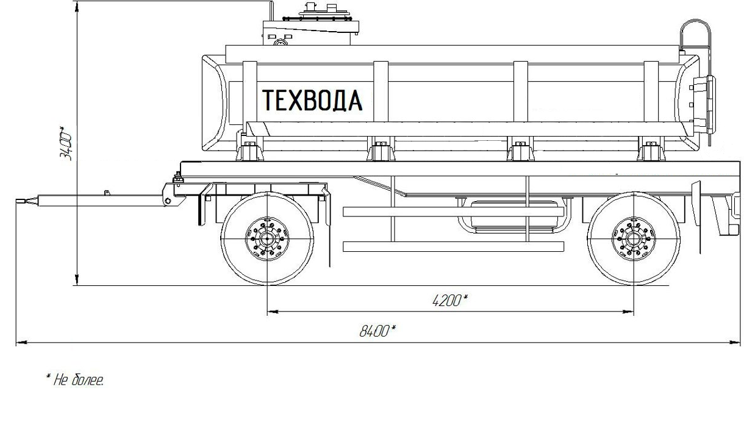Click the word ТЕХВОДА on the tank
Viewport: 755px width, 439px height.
(312, 100)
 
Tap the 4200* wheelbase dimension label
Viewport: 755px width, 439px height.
(449, 300)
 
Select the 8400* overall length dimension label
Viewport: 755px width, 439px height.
(377, 331)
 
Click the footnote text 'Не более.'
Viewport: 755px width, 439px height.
(75, 380)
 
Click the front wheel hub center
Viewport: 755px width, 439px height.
(267, 238)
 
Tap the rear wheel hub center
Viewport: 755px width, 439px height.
(634, 239)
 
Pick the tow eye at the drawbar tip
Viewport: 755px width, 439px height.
(21, 201)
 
